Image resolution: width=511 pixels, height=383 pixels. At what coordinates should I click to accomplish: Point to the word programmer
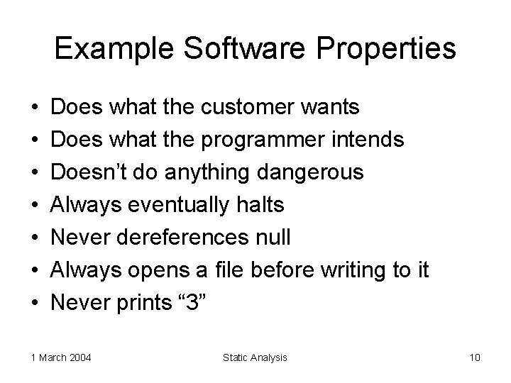pos(265,140)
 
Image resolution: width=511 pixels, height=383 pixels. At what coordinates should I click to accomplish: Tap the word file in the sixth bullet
pos(242,270)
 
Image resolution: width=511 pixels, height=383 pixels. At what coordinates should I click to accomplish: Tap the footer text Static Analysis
pos(255,357)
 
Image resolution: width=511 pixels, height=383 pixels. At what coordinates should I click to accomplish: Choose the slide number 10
pos(474,357)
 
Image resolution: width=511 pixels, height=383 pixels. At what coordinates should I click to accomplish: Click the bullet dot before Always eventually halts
pos(35,206)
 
